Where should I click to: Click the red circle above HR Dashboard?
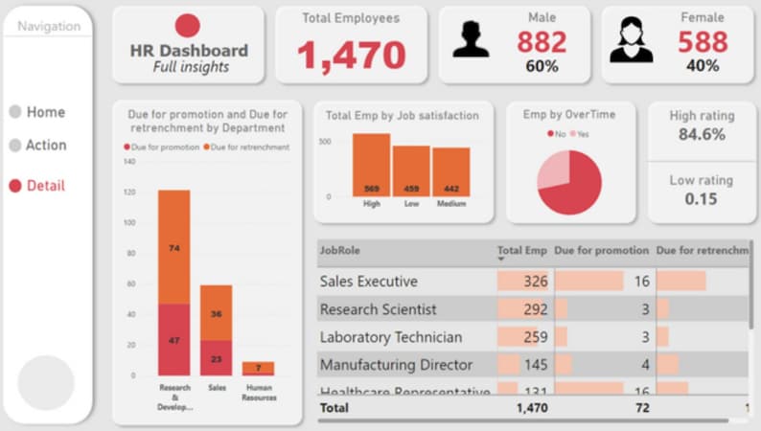188,26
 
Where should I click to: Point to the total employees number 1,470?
351,56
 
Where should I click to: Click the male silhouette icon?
471,40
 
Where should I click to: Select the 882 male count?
542,42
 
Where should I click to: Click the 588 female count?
703,42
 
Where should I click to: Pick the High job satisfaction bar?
371,165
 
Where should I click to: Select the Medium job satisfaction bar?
450,171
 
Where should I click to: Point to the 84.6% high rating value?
702,135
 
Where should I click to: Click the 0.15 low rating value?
702,199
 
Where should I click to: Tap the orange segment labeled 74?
173,247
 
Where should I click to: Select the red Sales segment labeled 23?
216,358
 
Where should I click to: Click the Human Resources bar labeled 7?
258,368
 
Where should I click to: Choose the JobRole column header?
340,251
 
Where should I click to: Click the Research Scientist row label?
378,309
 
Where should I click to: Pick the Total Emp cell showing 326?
523,282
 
